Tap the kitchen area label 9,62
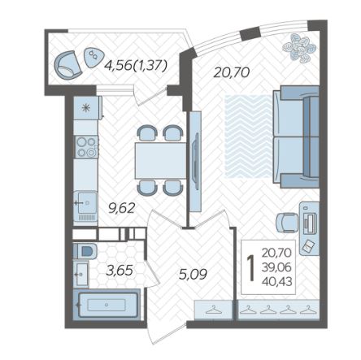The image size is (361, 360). click(121, 208)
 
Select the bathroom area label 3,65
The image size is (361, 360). click(120, 271)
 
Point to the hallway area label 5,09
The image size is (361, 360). click(194, 274)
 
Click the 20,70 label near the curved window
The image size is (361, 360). click(232, 72)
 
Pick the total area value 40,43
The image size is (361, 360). click(277, 282)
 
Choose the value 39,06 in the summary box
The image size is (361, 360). click(276, 267)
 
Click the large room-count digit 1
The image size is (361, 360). click(251, 268)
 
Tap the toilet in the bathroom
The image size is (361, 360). click(85, 251)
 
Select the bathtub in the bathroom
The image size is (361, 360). click(107, 305)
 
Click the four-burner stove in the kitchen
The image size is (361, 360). click(86, 147)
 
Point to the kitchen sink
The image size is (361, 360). click(85, 202)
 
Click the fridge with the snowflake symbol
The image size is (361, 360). click(87, 108)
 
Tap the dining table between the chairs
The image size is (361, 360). click(161, 161)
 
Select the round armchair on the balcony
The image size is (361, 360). click(67, 65)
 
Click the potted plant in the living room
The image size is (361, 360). click(299, 48)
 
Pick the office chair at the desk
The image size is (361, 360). click(287, 223)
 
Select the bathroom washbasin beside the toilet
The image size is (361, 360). click(81, 274)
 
